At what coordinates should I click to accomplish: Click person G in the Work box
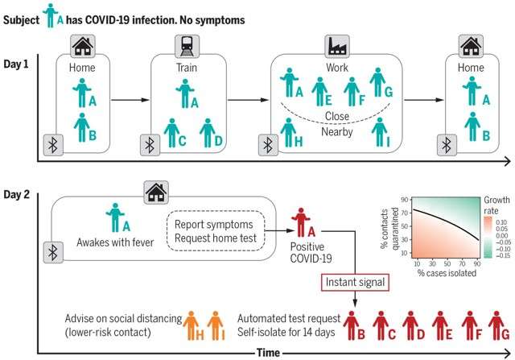377,82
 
